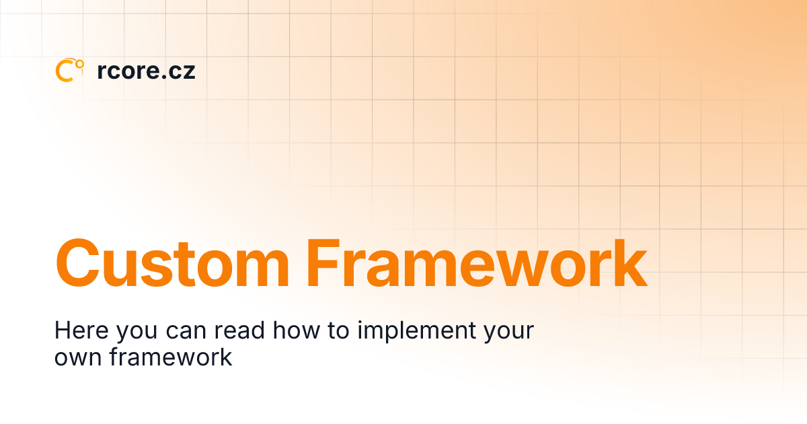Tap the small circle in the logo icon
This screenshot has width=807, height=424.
(x=80, y=64)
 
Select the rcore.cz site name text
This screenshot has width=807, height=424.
(x=146, y=71)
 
